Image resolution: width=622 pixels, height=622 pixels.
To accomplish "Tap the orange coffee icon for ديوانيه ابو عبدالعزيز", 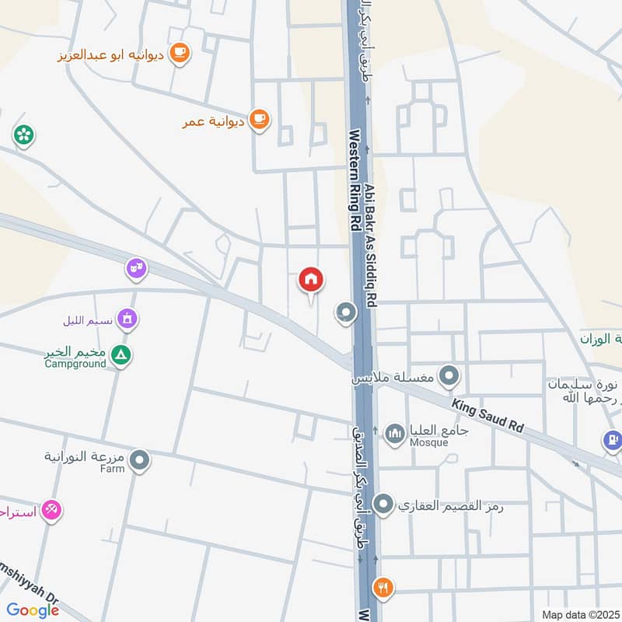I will tap(180, 53).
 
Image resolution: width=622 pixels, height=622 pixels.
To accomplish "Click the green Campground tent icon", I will tap(121, 356).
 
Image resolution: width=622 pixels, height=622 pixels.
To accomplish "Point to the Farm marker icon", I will tap(140, 461).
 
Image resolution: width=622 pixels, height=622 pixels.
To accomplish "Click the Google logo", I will tap(33, 610).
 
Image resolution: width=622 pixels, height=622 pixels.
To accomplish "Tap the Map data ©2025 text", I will tap(579, 614).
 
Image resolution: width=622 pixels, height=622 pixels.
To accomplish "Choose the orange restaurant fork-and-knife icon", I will tap(382, 587).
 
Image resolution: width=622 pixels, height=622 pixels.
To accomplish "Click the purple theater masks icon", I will tap(136, 270).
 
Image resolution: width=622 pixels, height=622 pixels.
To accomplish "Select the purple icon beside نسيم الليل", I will tap(128, 318).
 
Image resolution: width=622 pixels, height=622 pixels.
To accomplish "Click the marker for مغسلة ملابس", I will tap(448, 378).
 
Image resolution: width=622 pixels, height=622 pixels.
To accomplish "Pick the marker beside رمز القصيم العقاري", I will tap(383, 505).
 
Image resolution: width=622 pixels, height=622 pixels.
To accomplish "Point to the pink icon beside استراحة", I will tap(51, 510).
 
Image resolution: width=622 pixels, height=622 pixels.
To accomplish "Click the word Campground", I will tap(75, 364).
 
